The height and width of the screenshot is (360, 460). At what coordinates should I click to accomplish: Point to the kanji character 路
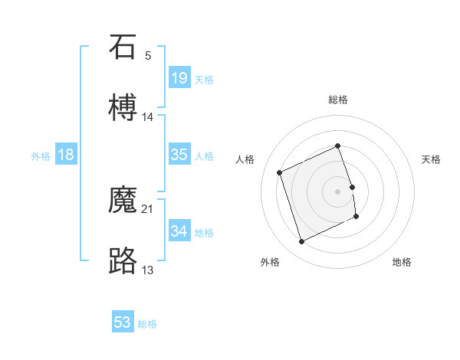coord(123,260)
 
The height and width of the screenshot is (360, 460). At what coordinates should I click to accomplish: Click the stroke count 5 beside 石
coord(148,55)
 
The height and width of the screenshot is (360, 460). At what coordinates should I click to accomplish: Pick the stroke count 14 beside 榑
coord(148,116)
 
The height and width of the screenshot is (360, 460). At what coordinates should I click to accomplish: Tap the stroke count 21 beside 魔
coord(148,208)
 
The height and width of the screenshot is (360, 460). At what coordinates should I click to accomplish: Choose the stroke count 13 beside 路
coord(148,270)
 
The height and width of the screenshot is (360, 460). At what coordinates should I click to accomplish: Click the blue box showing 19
coord(179,78)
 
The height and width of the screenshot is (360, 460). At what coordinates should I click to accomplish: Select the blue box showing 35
coord(179,155)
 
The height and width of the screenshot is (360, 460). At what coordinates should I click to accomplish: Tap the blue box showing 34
coord(179,231)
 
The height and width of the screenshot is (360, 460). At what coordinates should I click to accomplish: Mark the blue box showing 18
coord(66,155)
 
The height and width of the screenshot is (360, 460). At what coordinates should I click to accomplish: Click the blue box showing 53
coord(123,322)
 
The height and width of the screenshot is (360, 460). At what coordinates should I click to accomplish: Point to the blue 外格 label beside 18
coord(41,156)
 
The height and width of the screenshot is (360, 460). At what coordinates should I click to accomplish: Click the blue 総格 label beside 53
coord(147,324)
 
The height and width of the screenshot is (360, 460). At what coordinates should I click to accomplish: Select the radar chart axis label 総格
coord(338,100)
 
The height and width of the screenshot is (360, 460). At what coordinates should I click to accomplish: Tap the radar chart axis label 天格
coord(431,159)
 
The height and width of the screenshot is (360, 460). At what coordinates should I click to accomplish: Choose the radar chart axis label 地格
coord(402,263)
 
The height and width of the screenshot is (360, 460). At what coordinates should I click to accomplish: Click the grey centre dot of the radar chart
coord(338,191)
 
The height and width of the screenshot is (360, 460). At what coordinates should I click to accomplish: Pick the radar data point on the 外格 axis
coord(301,242)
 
